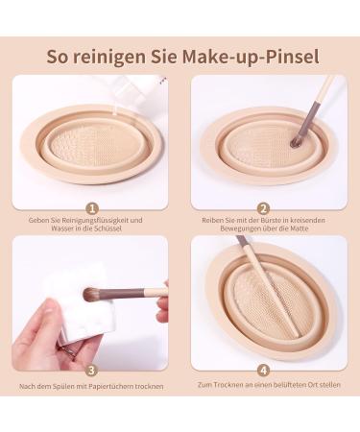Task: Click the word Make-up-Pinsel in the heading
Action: [251, 57]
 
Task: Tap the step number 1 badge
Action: [92, 209]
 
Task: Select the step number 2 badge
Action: [263, 209]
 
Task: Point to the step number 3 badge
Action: [92, 371]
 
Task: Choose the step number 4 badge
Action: [263, 371]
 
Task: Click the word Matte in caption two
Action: [300, 228]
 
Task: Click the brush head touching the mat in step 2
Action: [296, 141]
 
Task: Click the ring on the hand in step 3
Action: [71, 353]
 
